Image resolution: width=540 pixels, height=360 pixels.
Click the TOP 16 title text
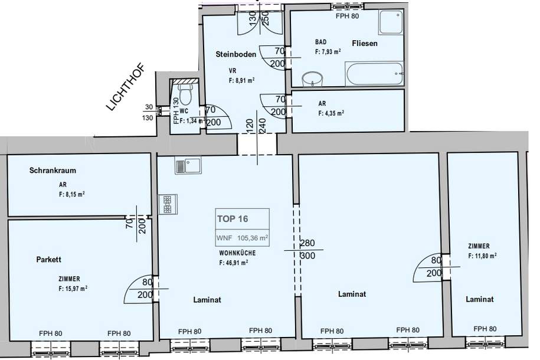(233, 218)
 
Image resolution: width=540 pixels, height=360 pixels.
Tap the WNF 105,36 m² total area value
(243, 238)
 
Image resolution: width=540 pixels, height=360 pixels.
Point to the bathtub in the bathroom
(375, 75)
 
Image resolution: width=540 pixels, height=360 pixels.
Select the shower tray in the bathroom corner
(391, 22)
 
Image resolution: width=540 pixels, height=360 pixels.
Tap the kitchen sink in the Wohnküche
(188, 165)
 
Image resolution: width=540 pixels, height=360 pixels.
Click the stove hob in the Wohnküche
(166, 204)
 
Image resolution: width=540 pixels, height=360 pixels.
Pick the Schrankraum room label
(53, 171)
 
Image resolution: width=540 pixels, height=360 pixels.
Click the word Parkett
(49, 259)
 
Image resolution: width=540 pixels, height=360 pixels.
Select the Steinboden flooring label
(236, 54)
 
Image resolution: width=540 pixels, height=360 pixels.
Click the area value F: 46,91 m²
(233, 263)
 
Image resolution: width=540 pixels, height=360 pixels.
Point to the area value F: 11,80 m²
(482, 256)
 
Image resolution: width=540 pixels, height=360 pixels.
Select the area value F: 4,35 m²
(331, 113)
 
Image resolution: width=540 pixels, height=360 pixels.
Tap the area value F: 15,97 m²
(73, 289)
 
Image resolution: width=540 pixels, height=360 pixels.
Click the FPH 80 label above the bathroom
(347, 16)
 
